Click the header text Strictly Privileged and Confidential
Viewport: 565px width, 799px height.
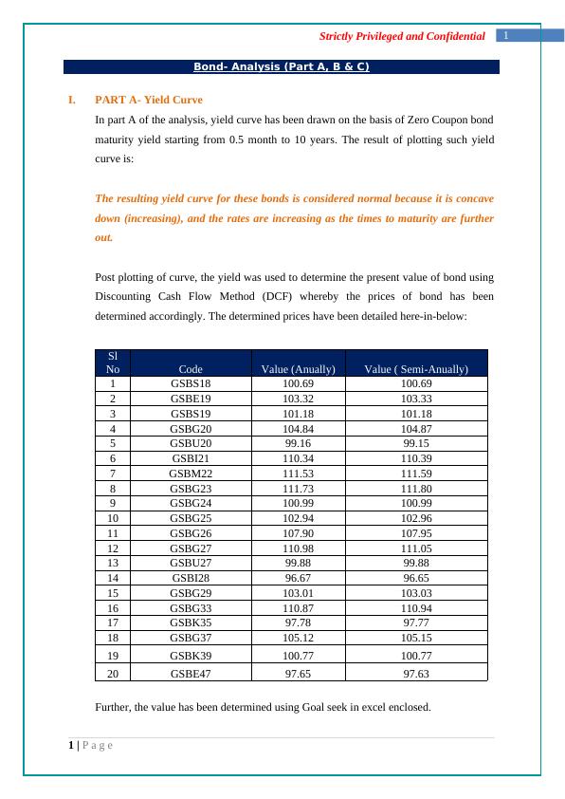pyautogui.click(x=403, y=36)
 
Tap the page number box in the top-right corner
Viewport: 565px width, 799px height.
pyautogui.click(x=507, y=35)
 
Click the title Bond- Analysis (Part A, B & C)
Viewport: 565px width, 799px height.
pyautogui.click(x=282, y=67)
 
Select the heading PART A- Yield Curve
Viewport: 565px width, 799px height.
pyautogui.click(x=149, y=100)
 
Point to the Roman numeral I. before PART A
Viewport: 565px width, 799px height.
pyautogui.click(x=72, y=100)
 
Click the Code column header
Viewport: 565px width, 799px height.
pyautogui.click(x=191, y=369)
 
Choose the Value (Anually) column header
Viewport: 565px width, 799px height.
pyautogui.click(x=299, y=369)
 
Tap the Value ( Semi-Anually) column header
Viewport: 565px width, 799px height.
pyautogui.click(x=416, y=369)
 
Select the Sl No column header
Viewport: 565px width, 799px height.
pyautogui.click(x=113, y=362)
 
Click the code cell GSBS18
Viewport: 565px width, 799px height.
pyautogui.click(x=191, y=383)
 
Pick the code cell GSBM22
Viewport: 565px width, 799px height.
pyautogui.click(x=191, y=473)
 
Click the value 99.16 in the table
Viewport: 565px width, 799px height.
pyautogui.click(x=299, y=442)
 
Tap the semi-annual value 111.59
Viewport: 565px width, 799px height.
pyautogui.click(x=416, y=473)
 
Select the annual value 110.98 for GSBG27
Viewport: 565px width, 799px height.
pyautogui.click(x=299, y=547)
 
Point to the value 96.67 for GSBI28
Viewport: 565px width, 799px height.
pyautogui.click(x=299, y=576)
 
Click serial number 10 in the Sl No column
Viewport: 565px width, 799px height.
pyautogui.click(x=113, y=517)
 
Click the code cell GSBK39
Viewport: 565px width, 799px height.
pyautogui.click(x=191, y=654)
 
